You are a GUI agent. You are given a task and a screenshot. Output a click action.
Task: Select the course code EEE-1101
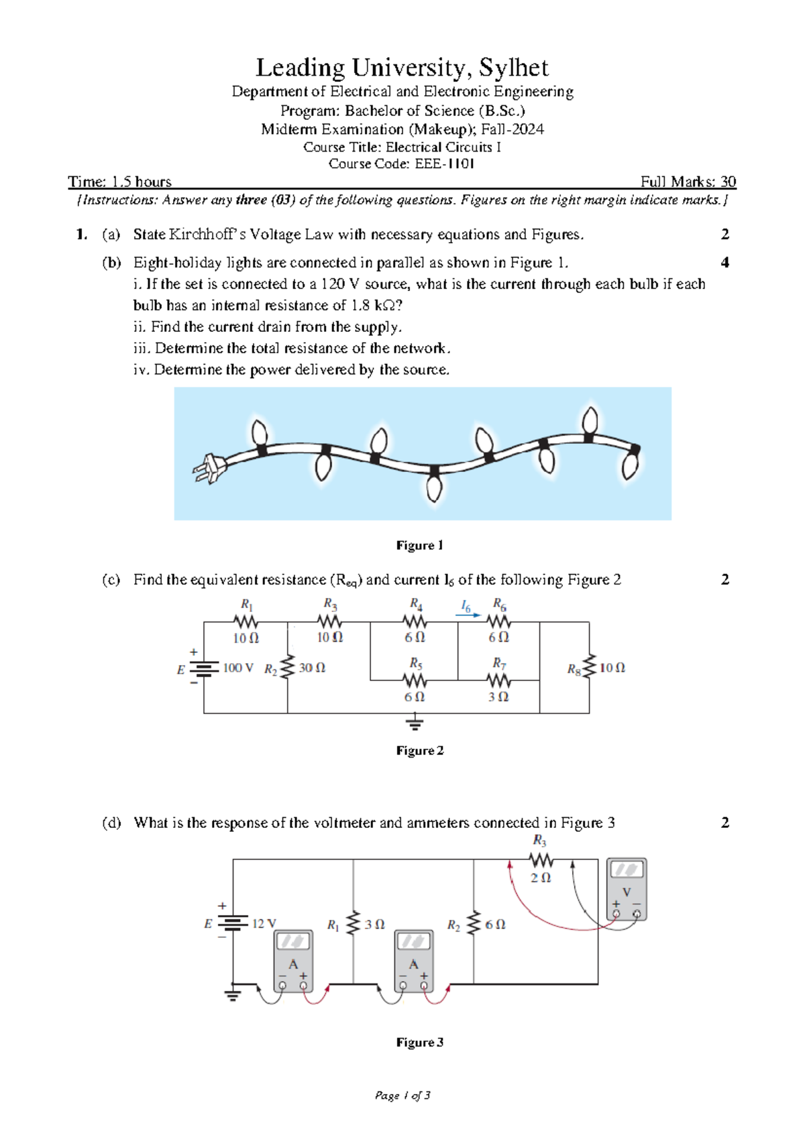click(x=444, y=164)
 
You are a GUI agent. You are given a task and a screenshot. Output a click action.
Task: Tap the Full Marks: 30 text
click(x=688, y=182)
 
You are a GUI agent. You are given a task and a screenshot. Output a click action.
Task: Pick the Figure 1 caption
click(x=419, y=545)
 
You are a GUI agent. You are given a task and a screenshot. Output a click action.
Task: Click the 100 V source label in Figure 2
click(x=238, y=668)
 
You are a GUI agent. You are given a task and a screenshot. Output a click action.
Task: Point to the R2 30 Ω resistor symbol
click(x=288, y=667)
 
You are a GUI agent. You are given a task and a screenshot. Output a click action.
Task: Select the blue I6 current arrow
click(x=468, y=614)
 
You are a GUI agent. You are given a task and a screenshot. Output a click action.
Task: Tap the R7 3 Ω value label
click(x=498, y=697)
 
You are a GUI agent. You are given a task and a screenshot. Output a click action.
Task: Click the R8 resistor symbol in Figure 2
click(x=590, y=667)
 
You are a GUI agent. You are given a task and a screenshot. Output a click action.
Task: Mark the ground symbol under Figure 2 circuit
click(x=415, y=723)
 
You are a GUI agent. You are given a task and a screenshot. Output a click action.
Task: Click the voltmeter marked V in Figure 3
click(x=627, y=888)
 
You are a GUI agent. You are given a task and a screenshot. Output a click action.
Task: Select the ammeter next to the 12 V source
click(x=293, y=961)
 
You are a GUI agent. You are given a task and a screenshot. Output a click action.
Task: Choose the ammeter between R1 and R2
click(x=413, y=961)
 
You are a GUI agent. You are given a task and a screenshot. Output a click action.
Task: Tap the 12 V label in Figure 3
click(x=264, y=923)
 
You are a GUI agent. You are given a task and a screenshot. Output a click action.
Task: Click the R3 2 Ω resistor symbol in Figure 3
click(x=541, y=859)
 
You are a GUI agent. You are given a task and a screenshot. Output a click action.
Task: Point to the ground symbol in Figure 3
click(x=233, y=994)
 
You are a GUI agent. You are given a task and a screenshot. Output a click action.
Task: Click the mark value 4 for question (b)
click(x=724, y=263)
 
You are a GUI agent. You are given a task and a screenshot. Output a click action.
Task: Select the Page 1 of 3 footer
click(x=402, y=1095)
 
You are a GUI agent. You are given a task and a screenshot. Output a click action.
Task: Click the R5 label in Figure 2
click(x=416, y=663)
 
